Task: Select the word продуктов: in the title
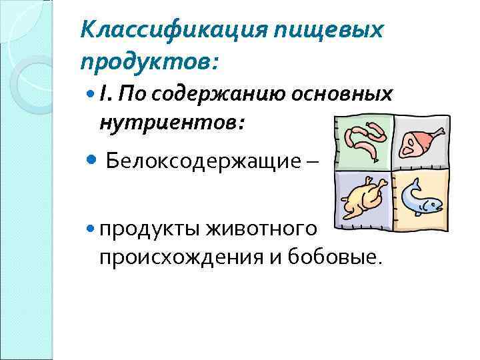pos(149,62)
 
